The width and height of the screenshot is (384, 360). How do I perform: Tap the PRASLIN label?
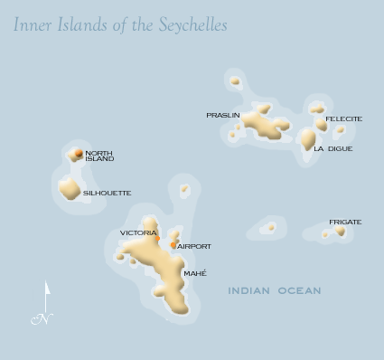click(222, 116)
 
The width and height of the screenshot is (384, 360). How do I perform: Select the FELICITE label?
click(344, 118)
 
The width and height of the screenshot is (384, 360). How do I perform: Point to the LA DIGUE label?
click(333, 148)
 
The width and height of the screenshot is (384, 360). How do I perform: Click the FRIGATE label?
click(345, 222)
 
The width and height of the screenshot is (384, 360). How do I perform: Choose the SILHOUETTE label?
click(108, 193)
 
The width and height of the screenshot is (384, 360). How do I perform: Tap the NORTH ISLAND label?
click(99, 156)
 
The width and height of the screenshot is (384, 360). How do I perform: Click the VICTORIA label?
click(138, 232)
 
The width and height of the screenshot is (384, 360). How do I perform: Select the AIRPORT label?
click(194, 246)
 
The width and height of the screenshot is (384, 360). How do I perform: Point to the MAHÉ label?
click(195, 273)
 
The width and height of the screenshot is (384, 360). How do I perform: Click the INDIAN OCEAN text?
click(275, 290)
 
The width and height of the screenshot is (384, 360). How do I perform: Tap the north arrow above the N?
click(46, 293)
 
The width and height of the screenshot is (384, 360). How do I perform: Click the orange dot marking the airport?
click(173, 244)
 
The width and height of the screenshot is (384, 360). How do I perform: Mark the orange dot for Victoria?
click(156, 239)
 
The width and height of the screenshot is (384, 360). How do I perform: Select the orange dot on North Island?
click(79, 153)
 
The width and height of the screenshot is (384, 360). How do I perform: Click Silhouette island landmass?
click(70, 188)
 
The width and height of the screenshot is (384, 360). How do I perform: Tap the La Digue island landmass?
click(308, 139)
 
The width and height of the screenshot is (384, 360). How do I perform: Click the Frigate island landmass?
click(340, 231)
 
